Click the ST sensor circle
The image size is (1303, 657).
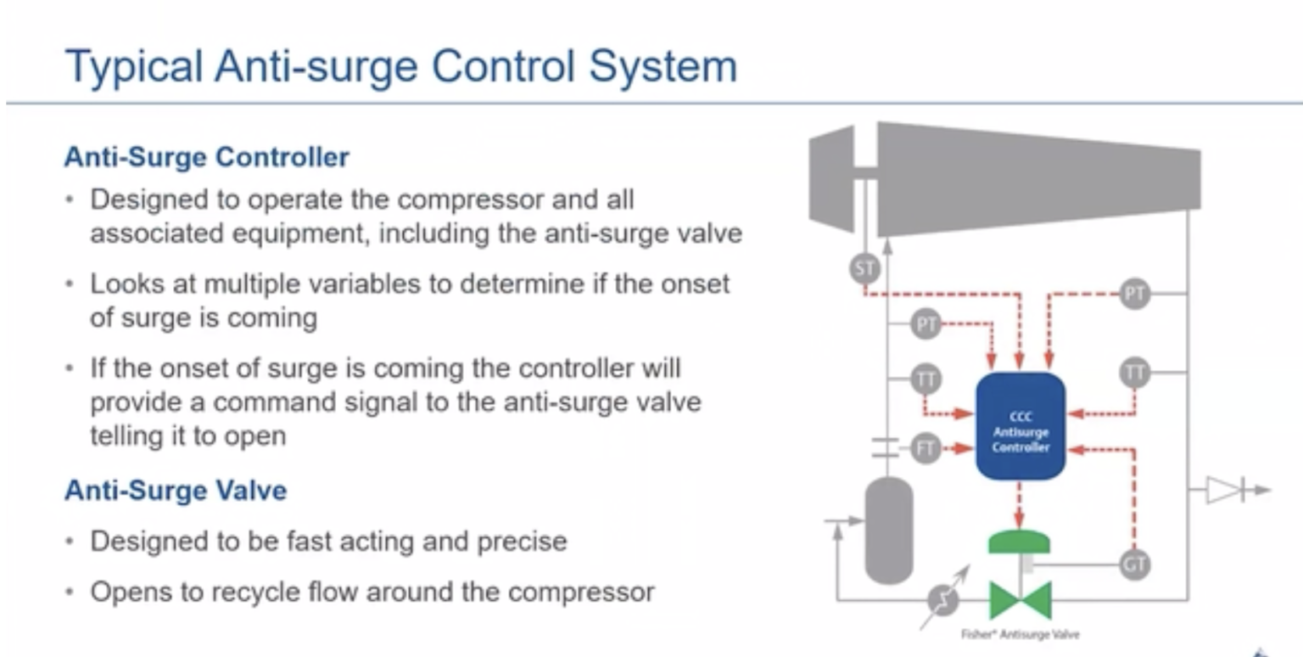pos(864,270)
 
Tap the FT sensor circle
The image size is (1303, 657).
pos(926,447)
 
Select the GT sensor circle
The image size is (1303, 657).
pos(1134,564)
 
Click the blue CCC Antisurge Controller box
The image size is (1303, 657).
pos(1021,426)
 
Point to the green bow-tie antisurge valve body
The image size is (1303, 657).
pos(1020,600)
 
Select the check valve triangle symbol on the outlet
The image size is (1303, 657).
pos(1225,490)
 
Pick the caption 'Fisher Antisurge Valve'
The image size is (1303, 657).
pos(1021,634)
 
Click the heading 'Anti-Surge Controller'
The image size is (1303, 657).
pos(206,158)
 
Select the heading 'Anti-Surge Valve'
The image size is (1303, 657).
pos(175,491)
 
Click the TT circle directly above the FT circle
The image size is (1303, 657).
pos(926,379)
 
